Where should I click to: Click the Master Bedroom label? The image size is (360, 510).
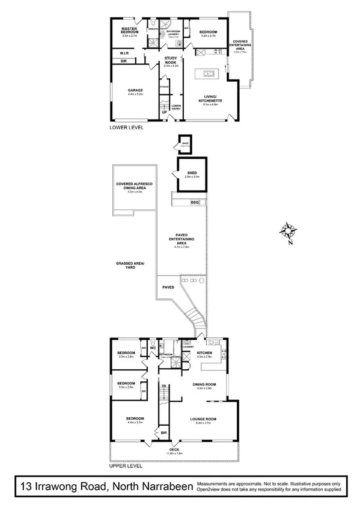tap(130, 30)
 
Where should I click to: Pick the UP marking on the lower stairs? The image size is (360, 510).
tap(163, 112)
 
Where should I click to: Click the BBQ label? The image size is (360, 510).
tap(194, 202)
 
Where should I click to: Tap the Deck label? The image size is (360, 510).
tap(174, 450)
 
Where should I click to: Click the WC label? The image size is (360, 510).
tap(153, 347)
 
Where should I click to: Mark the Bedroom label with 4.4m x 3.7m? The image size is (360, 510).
tap(135, 419)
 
